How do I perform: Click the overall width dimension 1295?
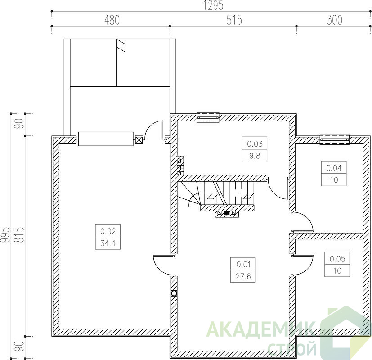point(214,6)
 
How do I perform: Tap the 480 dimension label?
point(112,20)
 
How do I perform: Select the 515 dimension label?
point(234,20)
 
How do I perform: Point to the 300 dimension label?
point(335,20)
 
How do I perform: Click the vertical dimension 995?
point(5,235)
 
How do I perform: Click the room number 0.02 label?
point(108,231)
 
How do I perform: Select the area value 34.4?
point(108,243)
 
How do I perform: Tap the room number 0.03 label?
point(255,144)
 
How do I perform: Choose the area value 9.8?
point(255,156)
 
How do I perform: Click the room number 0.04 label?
point(334,168)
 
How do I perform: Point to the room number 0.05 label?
point(337,259)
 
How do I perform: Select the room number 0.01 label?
point(243,264)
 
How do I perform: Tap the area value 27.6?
point(243,276)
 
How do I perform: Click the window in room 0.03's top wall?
point(208,117)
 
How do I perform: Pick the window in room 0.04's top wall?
point(335,139)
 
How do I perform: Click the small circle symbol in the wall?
point(174,293)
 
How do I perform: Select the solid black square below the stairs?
point(227,213)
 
